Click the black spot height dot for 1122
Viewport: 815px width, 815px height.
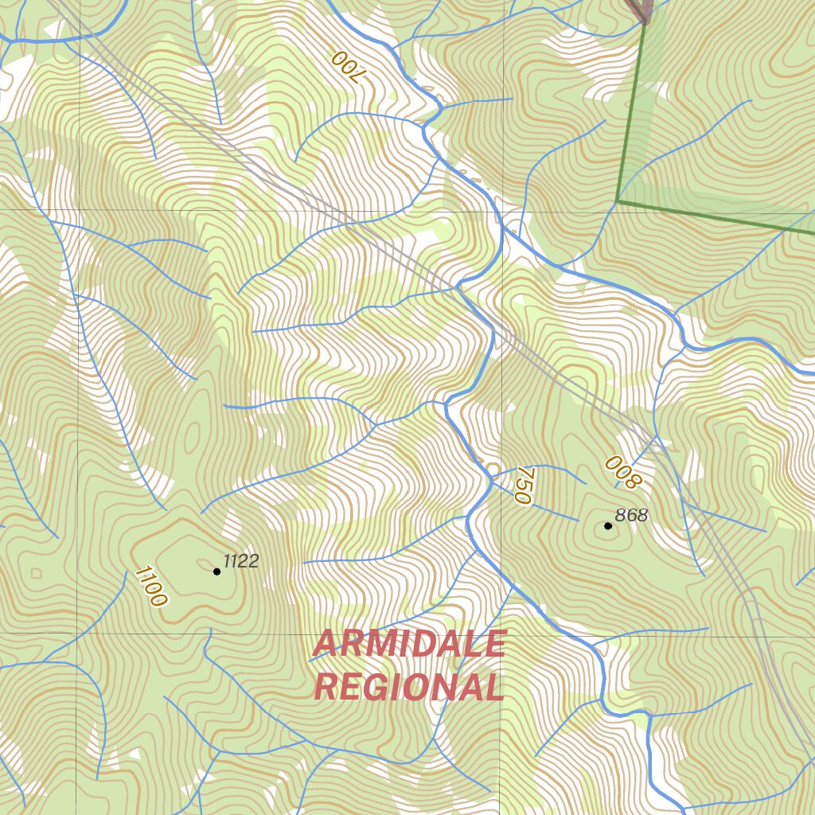216,571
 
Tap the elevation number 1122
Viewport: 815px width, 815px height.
241,561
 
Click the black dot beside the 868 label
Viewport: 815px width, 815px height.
608,525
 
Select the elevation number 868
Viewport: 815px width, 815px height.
632,515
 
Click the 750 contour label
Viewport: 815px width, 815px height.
522,485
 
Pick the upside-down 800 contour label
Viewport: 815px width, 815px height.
622,471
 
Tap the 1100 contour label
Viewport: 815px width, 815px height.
150,587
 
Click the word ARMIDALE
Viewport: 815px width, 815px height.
409,644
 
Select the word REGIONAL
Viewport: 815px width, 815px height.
409,687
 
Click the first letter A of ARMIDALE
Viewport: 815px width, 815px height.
325,644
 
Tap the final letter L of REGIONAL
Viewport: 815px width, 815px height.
494,687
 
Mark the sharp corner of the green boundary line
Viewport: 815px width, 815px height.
618,201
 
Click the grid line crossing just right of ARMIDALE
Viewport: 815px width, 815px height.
501,635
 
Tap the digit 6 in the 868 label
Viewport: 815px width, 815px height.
632,515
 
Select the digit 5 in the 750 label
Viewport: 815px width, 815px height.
522,485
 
